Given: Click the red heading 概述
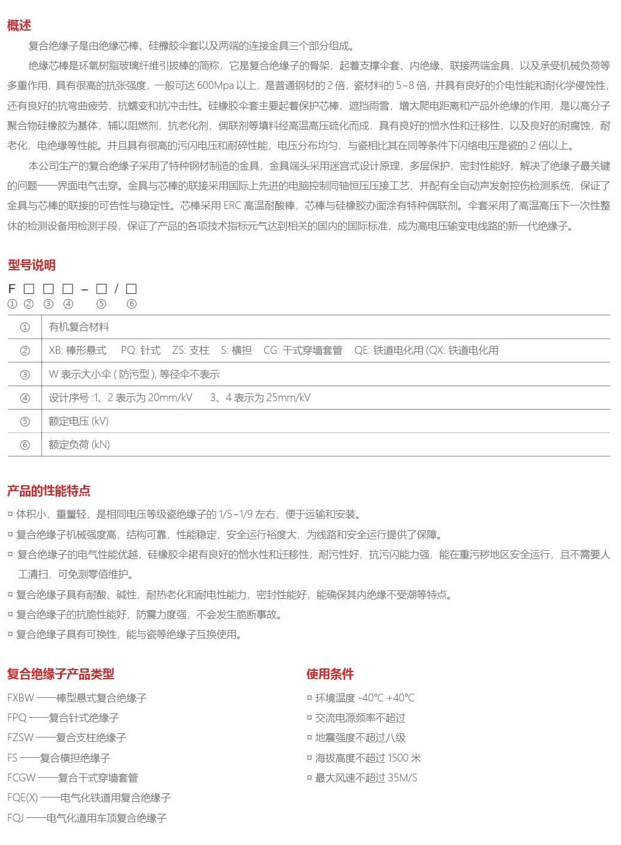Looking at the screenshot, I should (19, 25).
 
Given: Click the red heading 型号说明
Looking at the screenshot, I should (31, 265).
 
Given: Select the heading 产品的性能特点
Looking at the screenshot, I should (49, 491).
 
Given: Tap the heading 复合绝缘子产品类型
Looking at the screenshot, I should (61, 674).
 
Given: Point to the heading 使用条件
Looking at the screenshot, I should (330, 674).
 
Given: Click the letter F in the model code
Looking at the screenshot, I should (11, 289).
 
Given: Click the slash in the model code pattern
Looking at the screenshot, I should (117, 289).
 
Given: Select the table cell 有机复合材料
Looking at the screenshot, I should (79, 327).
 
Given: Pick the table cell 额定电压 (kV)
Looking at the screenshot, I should (79, 421).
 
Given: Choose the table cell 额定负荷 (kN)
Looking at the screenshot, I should (79, 444).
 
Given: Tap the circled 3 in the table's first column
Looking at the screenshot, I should (25, 375).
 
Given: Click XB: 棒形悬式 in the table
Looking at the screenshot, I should (77, 351).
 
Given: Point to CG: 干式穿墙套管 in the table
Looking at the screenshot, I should (303, 351).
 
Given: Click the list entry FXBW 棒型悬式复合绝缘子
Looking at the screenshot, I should (77, 698).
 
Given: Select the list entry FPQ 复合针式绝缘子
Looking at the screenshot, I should (63, 718).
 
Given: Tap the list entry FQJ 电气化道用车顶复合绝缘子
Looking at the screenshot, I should (87, 818).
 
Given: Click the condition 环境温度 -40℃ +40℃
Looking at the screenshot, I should (365, 698).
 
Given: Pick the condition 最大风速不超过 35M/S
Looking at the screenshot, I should (366, 778).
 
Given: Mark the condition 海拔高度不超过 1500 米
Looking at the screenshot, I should (368, 758).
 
